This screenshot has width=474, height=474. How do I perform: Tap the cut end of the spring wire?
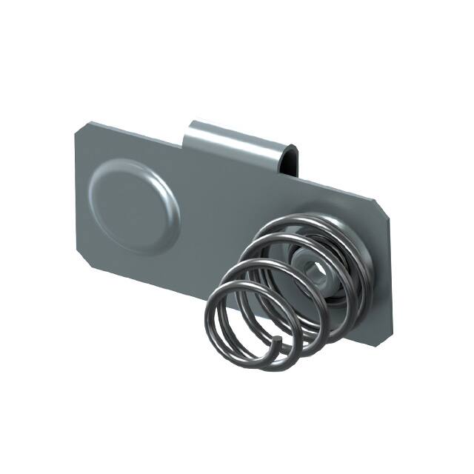click(x=276, y=341)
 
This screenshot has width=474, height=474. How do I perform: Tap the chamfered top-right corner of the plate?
click(x=384, y=210)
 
